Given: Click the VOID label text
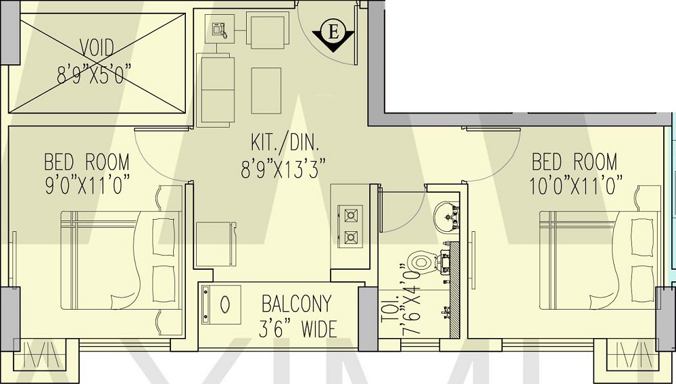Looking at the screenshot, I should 97,48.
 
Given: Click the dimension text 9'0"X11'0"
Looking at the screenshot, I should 87,185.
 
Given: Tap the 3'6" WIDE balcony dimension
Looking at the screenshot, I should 298,329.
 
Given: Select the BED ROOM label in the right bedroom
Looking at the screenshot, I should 574,162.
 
